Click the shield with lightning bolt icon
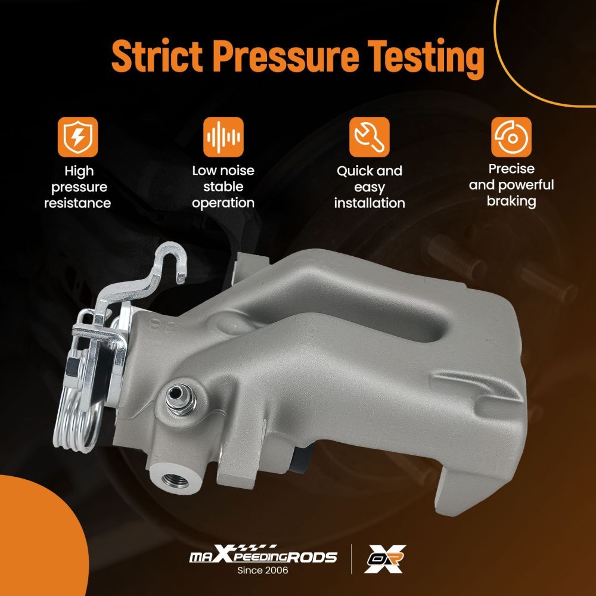77,137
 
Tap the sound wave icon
223,137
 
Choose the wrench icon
369,137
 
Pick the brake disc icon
511,137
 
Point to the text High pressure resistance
77,187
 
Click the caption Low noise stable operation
223,187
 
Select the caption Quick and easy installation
370,187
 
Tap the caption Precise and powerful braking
511,185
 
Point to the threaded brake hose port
175,480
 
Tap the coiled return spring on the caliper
78,422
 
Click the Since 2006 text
263,570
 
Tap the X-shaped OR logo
384,559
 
